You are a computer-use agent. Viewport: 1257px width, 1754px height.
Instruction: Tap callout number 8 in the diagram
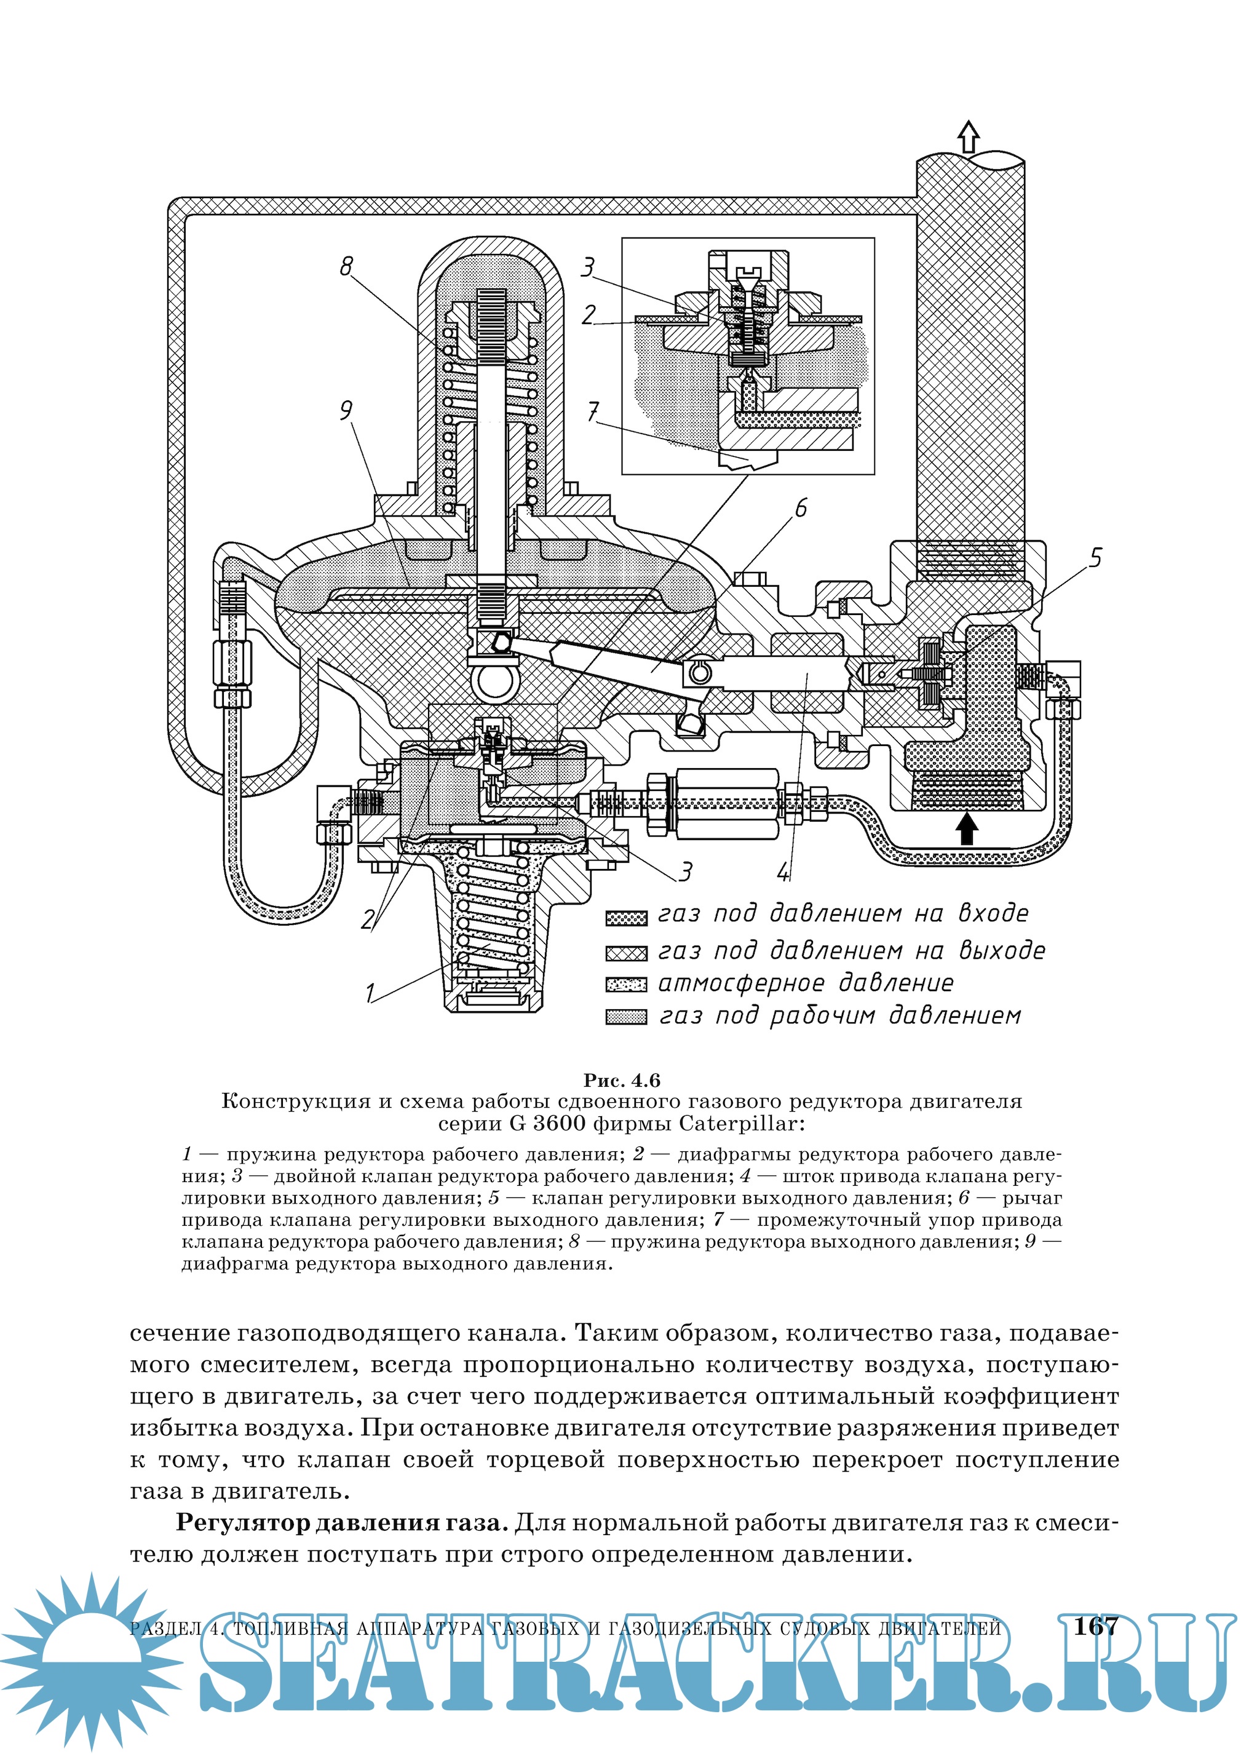pos(346,266)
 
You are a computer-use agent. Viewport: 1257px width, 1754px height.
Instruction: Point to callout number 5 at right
pos(1095,558)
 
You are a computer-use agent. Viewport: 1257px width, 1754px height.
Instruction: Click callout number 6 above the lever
pos(801,508)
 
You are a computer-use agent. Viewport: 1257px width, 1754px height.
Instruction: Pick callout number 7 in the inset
pos(593,412)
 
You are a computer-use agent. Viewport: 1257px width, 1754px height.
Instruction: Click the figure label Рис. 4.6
pos(622,1079)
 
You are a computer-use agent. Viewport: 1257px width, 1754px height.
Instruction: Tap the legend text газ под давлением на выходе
pos(851,950)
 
